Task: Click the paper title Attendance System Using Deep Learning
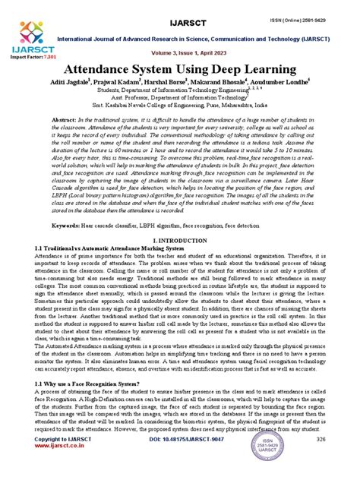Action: click(x=180, y=68)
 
